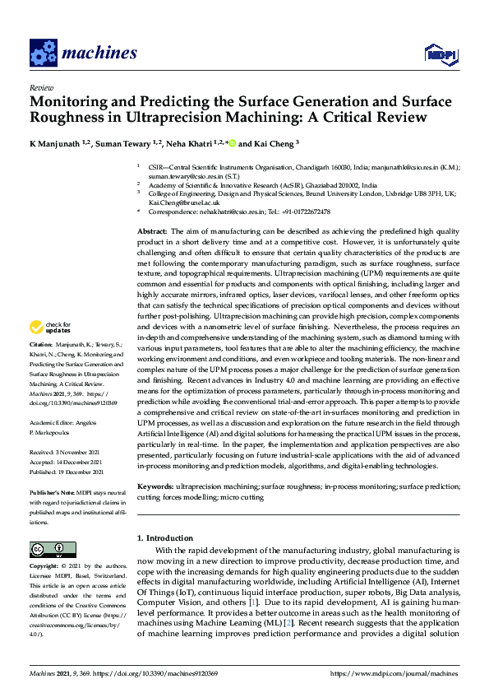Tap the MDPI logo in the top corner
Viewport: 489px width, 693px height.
click(439, 54)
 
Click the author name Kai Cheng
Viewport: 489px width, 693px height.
click(272, 145)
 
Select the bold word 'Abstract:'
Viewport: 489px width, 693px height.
click(152, 233)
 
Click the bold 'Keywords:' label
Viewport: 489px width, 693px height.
click(156, 487)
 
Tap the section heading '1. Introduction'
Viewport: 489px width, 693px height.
click(168, 538)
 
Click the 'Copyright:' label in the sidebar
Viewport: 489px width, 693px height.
click(45, 567)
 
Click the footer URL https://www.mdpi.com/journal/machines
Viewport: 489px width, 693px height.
click(395, 673)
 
